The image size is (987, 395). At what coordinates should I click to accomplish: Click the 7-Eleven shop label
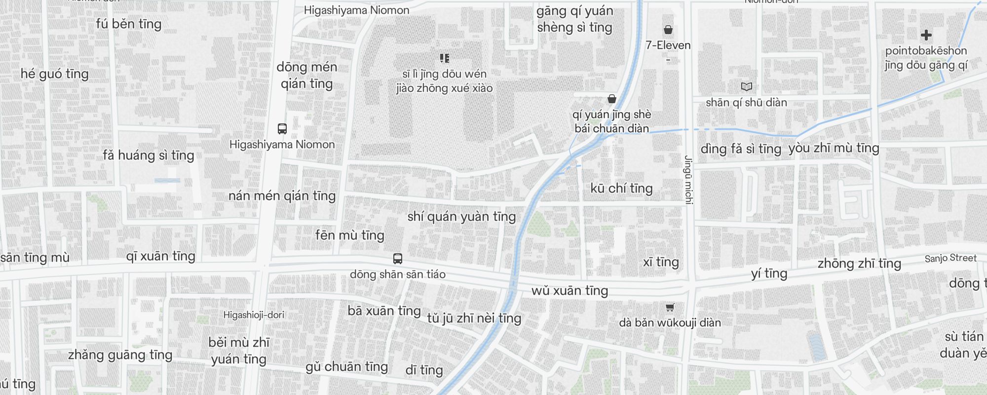(668, 45)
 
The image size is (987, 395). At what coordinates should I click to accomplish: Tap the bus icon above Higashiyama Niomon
(282, 129)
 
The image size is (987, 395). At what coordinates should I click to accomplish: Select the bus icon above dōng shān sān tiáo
(397, 259)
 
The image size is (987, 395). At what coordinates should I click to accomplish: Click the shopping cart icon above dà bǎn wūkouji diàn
(670, 308)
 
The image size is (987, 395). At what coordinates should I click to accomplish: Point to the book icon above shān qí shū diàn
(746, 87)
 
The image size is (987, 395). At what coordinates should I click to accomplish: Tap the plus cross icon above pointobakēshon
(926, 35)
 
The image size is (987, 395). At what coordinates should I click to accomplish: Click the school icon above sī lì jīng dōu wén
(445, 58)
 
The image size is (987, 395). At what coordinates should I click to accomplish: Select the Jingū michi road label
(689, 180)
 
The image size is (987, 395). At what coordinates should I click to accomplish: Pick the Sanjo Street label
(950, 258)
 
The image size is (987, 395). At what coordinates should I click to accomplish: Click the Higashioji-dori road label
(254, 315)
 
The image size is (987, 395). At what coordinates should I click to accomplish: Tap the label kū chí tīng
(621, 188)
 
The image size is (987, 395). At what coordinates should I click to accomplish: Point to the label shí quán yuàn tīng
(461, 216)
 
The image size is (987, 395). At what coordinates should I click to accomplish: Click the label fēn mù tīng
(349, 235)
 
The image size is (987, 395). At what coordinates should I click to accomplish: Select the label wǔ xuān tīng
(569, 290)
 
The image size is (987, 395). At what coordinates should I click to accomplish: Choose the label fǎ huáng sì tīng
(148, 155)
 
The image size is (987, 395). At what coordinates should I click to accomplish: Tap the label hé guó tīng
(54, 74)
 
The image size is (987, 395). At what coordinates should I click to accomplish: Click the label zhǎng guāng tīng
(120, 355)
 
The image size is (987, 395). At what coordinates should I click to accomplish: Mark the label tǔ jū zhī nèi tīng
(474, 318)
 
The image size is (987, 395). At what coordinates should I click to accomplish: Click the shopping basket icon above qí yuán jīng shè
(612, 99)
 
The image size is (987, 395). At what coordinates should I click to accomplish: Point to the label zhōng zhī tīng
(859, 263)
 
